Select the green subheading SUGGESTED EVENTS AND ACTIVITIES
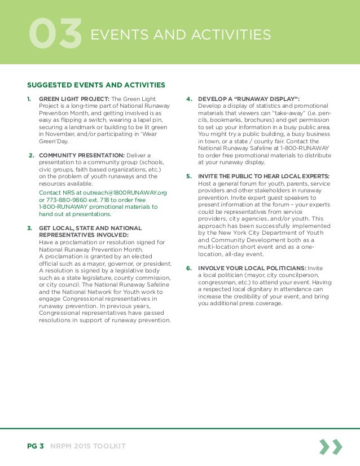96,85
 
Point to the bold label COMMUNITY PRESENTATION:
84,155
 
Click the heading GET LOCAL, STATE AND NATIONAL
90,228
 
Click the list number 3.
29,228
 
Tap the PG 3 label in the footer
36,447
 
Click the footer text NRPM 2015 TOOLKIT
87,447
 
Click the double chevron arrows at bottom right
330,447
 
